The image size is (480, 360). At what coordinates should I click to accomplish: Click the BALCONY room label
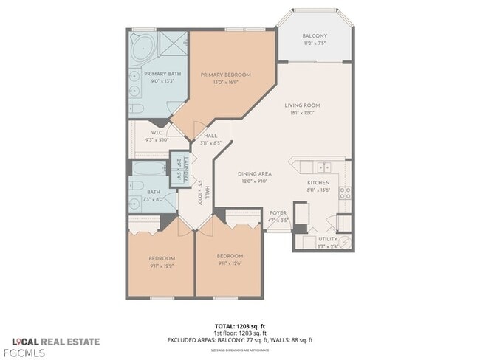tap(315, 35)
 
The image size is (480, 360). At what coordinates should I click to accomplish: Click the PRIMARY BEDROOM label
tap(227, 75)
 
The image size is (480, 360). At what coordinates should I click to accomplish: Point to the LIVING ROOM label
tap(302, 105)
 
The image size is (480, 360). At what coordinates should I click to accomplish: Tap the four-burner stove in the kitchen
tap(344, 193)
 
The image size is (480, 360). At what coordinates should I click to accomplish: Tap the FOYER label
tap(278, 213)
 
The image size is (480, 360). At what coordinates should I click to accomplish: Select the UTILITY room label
tap(328, 239)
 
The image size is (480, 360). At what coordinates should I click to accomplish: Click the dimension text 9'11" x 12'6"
tap(230, 262)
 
